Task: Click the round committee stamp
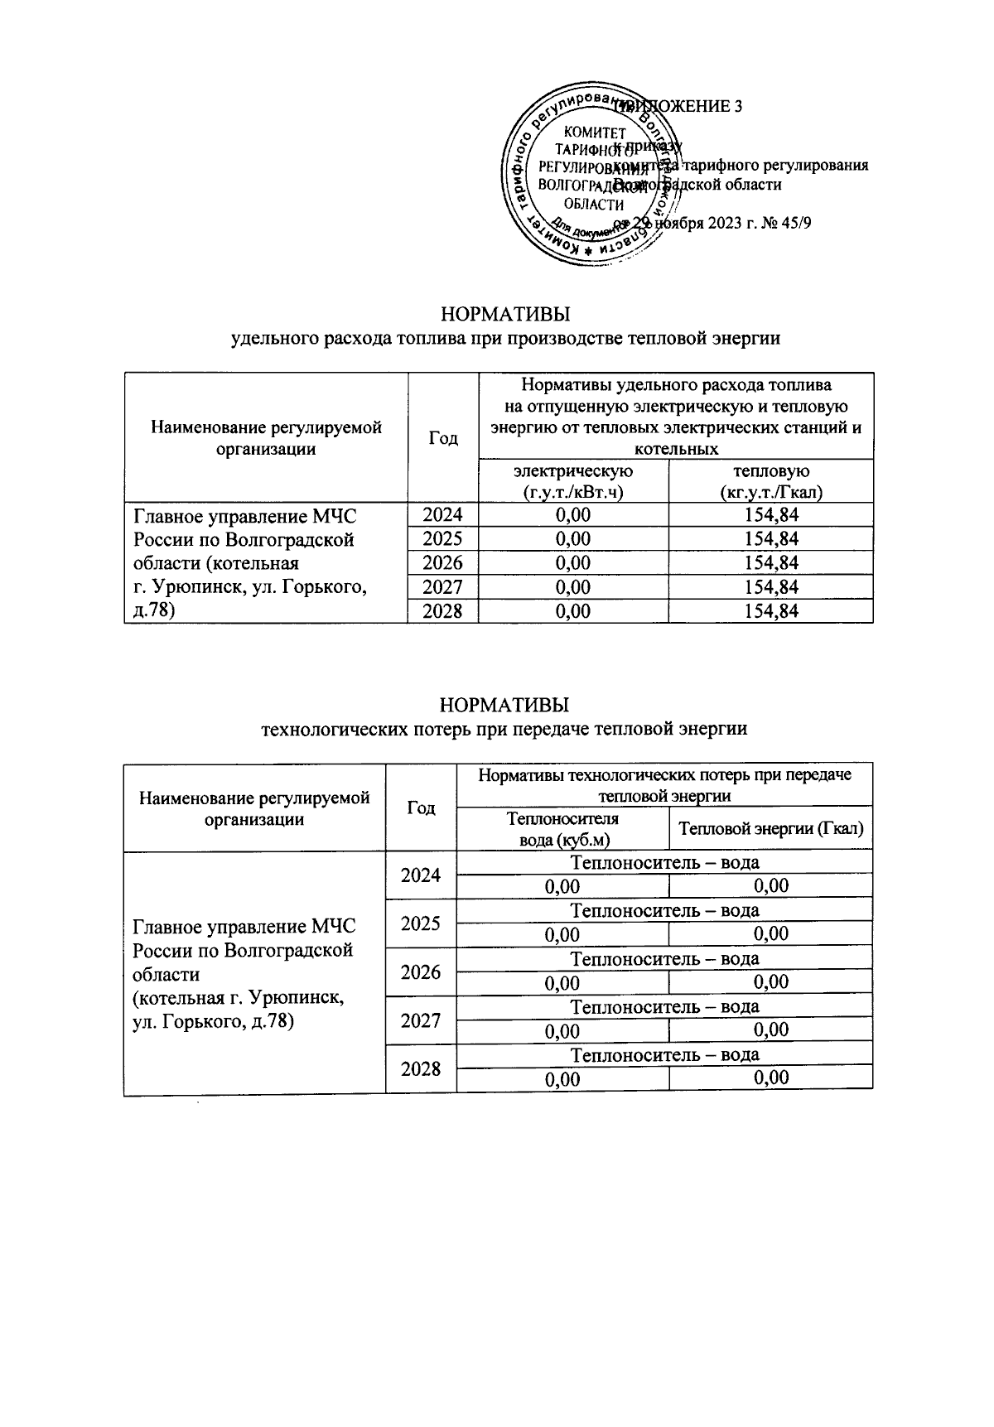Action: tap(590, 176)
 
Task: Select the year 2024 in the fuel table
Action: tap(443, 515)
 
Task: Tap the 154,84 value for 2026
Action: tap(770, 563)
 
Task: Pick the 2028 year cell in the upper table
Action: tap(443, 611)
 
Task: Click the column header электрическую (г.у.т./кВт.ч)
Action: tap(573, 481)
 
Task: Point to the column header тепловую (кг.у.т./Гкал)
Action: tap(770, 481)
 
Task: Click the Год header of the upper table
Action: tap(443, 437)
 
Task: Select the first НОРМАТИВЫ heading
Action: tap(504, 316)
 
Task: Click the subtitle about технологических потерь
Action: tap(504, 729)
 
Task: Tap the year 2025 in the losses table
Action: tap(421, 923)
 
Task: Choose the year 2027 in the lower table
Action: tap(421, 1020)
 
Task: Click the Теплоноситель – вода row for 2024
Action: tap(664, 862)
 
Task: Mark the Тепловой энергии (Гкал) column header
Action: tap(770, 829)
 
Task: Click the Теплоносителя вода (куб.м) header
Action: tap(562, 829)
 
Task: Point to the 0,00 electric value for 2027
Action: tap(573, 587)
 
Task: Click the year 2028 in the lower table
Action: tap(421, 1068)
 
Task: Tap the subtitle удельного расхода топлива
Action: tap(504, 338)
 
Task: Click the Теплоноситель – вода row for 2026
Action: tap(664, 959)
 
